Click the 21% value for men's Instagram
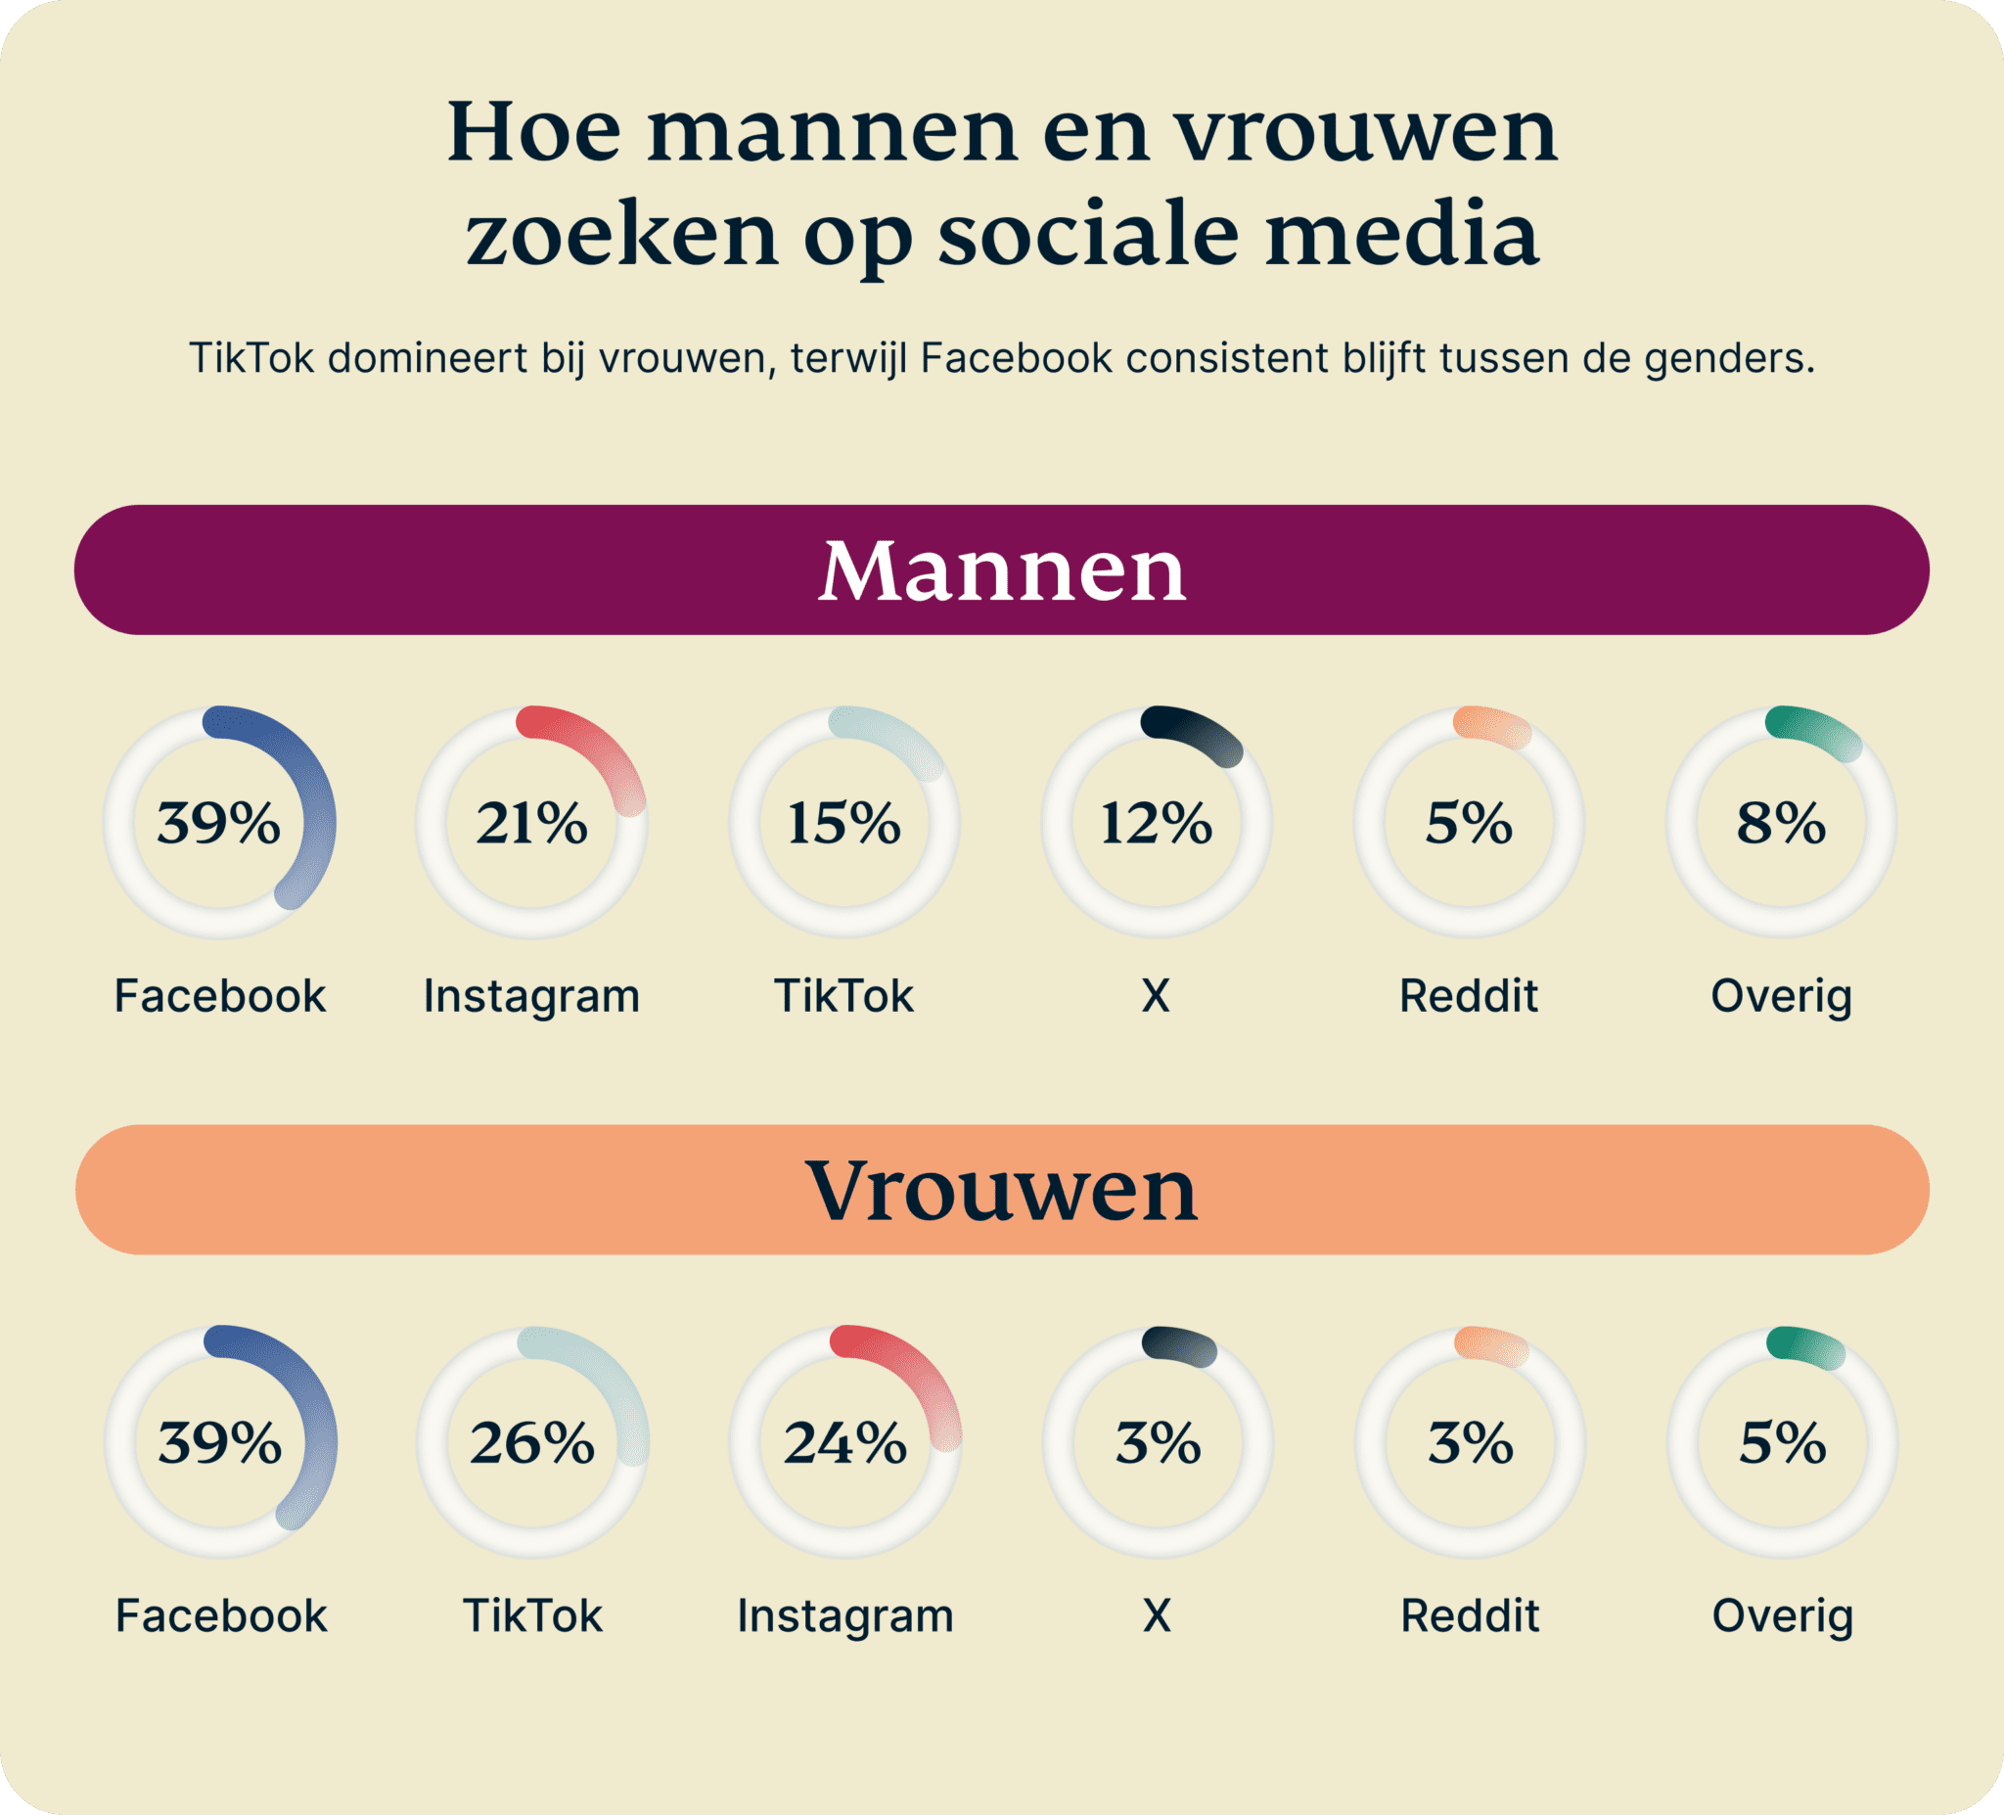click(531, 823)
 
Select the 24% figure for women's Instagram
click(844, 1443)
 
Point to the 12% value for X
click(1156, 823)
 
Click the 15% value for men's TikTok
click(843, 823)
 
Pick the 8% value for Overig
click(1781, 823)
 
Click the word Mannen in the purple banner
click(1002, 571)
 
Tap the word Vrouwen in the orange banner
click(1002, 1191)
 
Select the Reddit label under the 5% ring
click(1468, 996)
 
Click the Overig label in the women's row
click(1782, 1616)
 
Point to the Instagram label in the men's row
click(531, 996)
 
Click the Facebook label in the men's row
click(220, 996)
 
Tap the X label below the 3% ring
click(1156, 1616)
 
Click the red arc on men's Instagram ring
click(597, 748)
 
